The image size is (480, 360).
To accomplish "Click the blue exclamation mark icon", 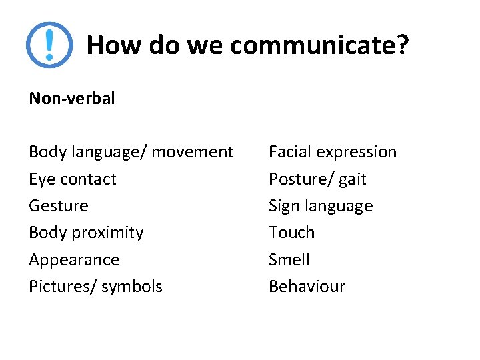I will pos(49,45).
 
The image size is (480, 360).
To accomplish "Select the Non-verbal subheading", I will pos(72,99).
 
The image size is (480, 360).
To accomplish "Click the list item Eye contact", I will pos(73,179).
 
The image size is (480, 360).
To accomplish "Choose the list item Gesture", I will pos(59,206).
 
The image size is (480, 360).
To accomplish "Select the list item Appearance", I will pos(74,260).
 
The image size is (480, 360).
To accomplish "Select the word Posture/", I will pos(300,179).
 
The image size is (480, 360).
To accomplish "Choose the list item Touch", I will pos(291,233).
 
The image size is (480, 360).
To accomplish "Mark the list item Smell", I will pos(289,260).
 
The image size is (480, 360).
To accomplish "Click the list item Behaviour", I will pos(307,287).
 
